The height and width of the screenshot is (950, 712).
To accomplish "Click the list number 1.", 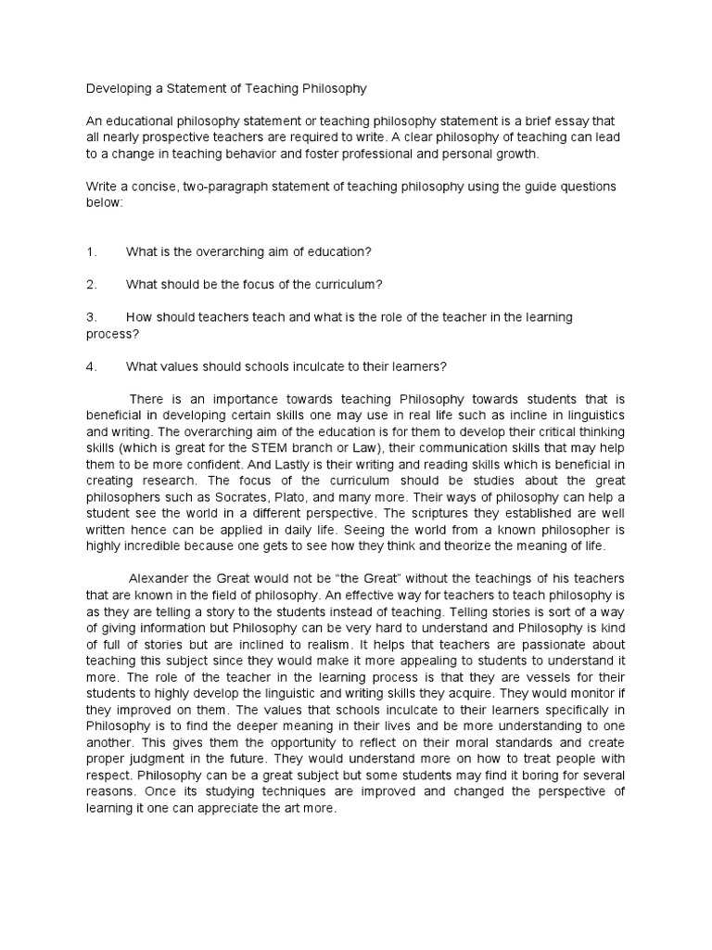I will coord(90,251).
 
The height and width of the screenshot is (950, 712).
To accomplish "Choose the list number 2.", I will coord(90,284).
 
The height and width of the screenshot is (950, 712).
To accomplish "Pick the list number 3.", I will coord(90,316).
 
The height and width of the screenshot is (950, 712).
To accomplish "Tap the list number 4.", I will coord(90,366).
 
